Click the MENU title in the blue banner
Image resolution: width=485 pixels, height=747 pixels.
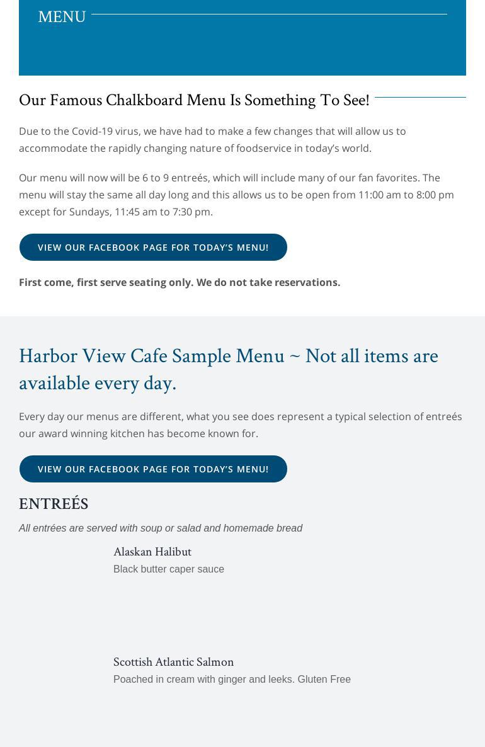coord(62,16)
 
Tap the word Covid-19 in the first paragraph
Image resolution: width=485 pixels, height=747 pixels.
coord(92,131)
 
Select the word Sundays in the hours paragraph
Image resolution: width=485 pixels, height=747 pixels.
coord(89,212)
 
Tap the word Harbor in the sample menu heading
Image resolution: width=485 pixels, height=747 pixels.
coord(48,356)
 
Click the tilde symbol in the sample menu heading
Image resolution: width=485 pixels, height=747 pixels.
coord(295,356)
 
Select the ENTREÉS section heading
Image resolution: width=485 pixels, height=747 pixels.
coord(54,504)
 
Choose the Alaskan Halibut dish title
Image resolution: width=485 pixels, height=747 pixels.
coord(152,552)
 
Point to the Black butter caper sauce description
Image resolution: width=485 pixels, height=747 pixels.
coord(169,569)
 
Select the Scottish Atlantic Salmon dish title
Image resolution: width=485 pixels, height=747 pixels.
coord(173,662)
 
